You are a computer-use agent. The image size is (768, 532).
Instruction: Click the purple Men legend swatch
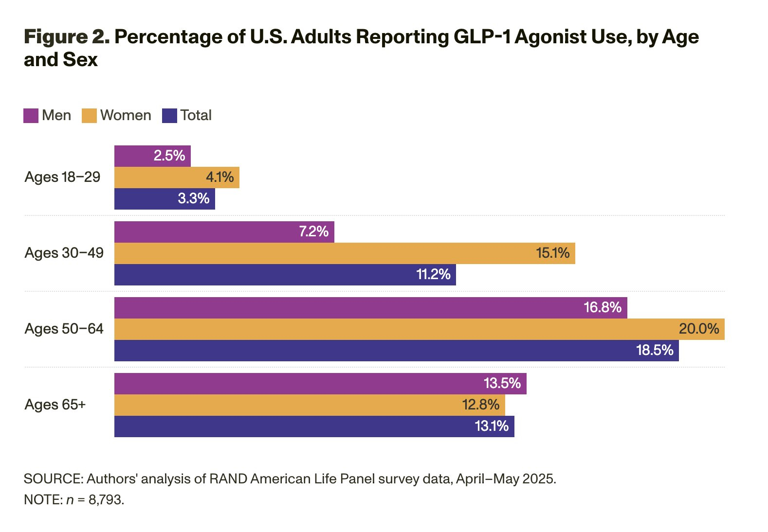click(31, 116)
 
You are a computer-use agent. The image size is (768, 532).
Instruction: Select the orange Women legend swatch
click(89, 116)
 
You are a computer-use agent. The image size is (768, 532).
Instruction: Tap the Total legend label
click(196, 115)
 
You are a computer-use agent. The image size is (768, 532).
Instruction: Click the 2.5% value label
click(169, 156)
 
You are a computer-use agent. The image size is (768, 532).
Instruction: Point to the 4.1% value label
click(219, 177)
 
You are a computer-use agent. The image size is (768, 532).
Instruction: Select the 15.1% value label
click(552, 253)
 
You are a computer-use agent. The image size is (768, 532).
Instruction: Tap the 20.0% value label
click(698, 329)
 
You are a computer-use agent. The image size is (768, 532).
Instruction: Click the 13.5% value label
click(502, 383)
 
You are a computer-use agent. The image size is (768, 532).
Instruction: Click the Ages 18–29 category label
click(62, 177)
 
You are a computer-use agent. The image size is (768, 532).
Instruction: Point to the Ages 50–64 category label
click(64, 329)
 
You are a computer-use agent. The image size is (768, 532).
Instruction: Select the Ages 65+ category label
click(55, 405)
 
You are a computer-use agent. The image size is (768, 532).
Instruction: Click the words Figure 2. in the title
click(67, 37)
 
